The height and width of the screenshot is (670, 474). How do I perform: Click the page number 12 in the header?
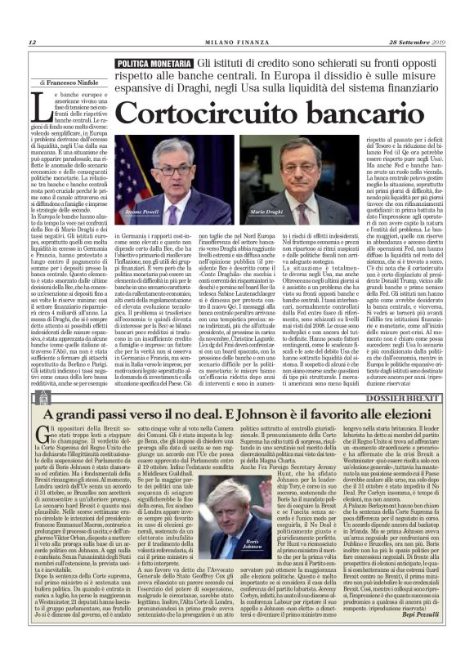point(33,43)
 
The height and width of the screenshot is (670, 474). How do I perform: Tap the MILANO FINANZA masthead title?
point(237,43)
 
